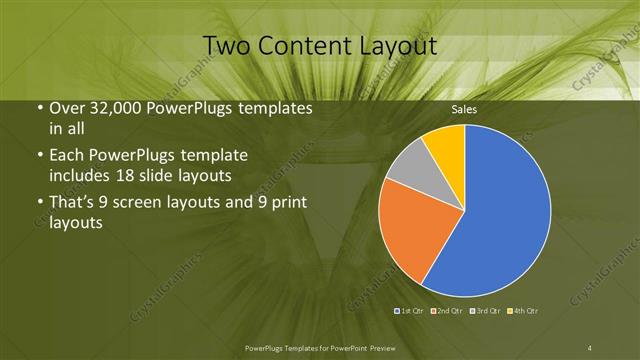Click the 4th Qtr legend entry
click(x=520, y=310)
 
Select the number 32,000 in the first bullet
click(x=112, y=108)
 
